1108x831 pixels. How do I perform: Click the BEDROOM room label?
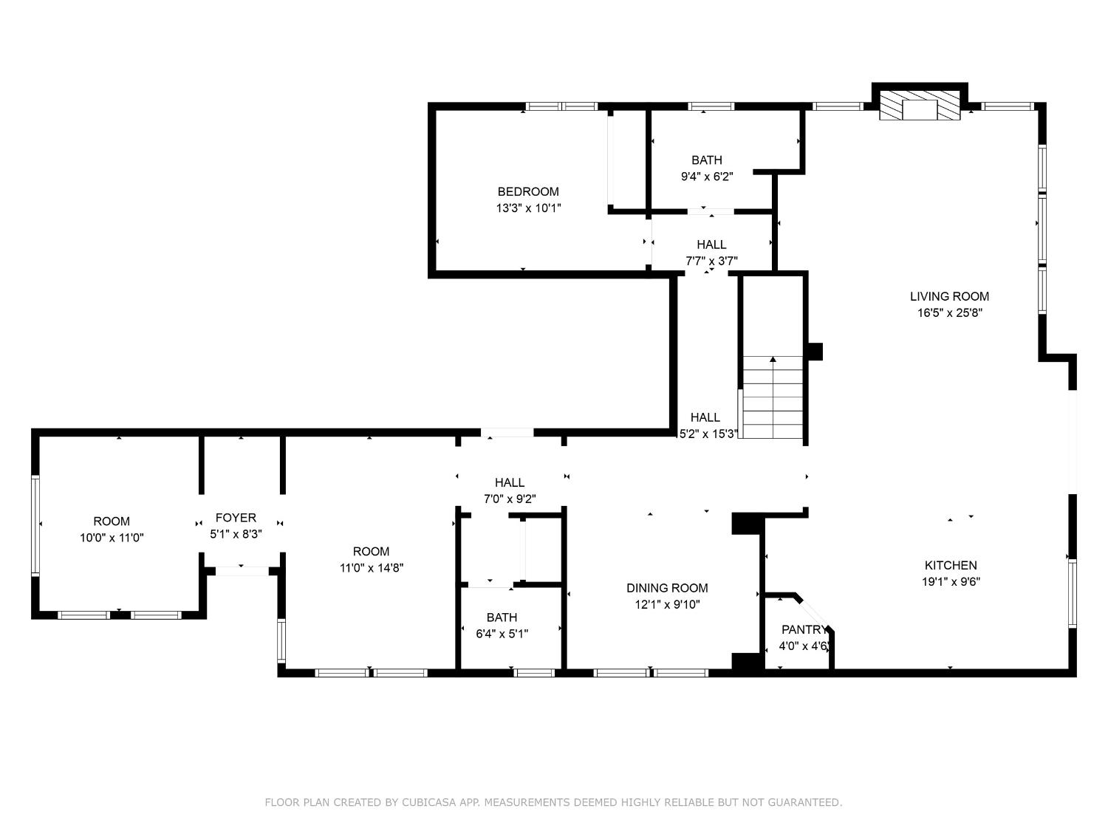(527, 192)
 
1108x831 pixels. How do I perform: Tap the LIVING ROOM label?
(949, 296)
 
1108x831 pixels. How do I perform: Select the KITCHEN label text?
(950, 565)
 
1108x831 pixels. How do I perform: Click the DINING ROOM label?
(667, 588)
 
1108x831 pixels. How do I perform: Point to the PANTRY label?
(804, 630)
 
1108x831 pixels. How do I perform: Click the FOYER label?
(236, 518)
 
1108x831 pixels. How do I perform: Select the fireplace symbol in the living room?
(920, 106)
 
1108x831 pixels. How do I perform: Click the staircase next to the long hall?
(773, 399)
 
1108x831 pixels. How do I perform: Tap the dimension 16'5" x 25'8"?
(949, 312)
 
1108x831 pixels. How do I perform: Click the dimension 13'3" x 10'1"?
(527, 208)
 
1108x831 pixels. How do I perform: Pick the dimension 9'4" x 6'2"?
(706, 176)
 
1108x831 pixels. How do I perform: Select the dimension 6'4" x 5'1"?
(502, 634)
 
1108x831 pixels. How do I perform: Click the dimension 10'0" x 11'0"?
(112, 538)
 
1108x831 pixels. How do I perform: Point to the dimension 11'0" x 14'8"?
(371, 568)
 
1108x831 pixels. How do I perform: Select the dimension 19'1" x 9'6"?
(950, 581)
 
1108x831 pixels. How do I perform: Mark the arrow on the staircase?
(773, 360)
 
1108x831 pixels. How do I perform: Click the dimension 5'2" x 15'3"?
(708, 434)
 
